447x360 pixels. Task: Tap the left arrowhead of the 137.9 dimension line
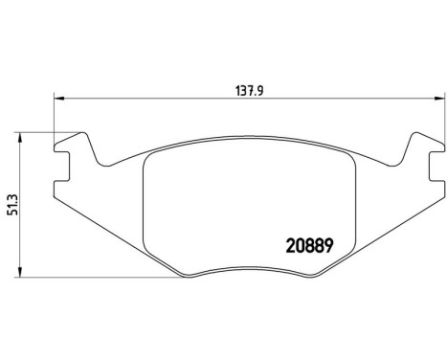pos(57,97)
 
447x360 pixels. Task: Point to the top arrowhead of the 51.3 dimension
pos(22,136)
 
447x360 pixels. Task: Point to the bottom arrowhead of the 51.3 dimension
pos(22,274)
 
